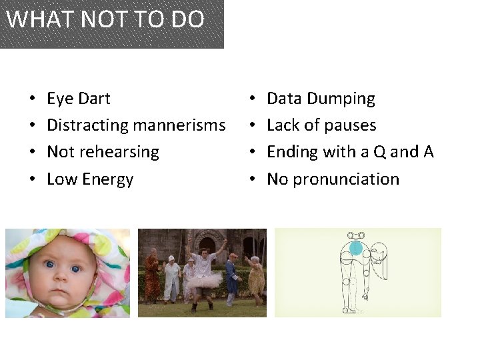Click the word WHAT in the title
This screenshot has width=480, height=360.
pyautogui.click(x=33, y=19)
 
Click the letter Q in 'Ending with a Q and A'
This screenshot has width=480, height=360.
pyautogui.click(x=379, y=152)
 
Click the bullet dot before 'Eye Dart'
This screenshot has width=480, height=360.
pyautogui.click(x=33, y=99)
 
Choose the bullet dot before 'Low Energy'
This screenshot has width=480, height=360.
pyautogui.click(x=33, y=179)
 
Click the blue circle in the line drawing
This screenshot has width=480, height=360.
pyautogui.click(x=356, y=249)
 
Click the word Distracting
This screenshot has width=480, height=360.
pyautogui.click(x=87, y=125)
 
